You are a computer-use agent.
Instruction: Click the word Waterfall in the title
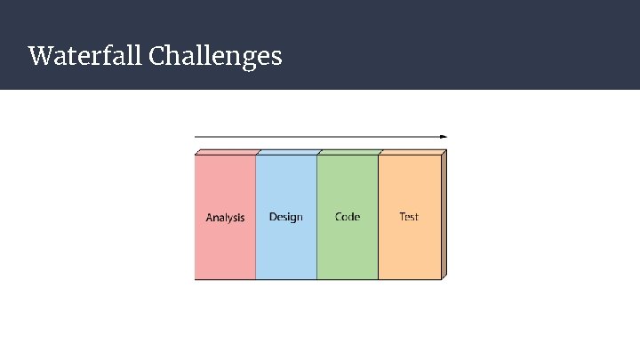click(x=86, y=57)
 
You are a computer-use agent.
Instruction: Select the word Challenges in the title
click(x=216, y=57)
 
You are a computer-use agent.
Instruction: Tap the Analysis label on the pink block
click(x=225, y=218)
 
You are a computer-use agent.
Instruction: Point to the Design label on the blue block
click(x=285, y=217)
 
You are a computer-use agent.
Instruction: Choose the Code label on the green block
click(x=348, y=217)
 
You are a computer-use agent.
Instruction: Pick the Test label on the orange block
click(x=409, y=217)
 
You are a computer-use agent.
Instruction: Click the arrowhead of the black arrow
click(x=444, y=137)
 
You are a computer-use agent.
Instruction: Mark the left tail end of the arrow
click(x=196, y=137)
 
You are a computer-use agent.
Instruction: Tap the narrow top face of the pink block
click(x=227, y=153)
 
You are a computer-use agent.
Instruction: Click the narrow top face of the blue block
click(x=287, y=153)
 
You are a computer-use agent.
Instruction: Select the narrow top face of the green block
click(x=348, y=153)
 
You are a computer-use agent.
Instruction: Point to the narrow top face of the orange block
click(x=411, y=153)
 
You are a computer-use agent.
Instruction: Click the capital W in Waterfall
click(x=39, y=57)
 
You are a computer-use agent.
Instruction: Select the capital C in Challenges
click(x=158, y=57)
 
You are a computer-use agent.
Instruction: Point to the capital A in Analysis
click(x=210, y=218)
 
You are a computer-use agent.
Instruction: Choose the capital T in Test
click(x=403, y=217)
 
